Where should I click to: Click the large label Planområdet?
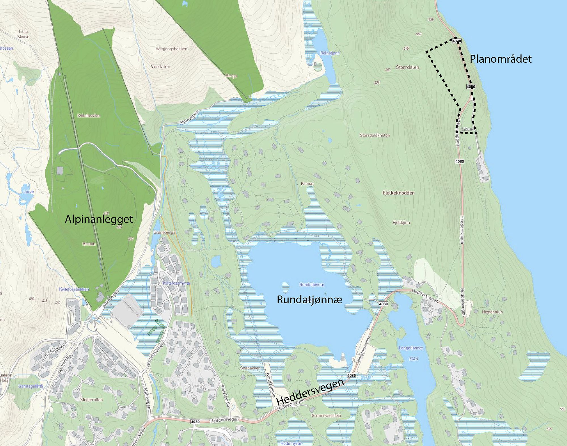point(501,59)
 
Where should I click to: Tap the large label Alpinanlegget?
point(99,219)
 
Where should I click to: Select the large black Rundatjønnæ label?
point(309,300)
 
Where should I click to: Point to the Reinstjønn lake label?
point(330,53)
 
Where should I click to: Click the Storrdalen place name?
point(407,67)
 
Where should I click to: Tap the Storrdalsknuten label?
point(375,135)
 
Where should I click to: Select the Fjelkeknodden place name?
point(398,193)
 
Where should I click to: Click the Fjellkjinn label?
point(401,222)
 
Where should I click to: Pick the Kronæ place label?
point(307,184)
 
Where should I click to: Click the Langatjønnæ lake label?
point(411,348)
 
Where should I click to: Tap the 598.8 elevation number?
point(413,359)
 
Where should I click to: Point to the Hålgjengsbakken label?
point(171,49)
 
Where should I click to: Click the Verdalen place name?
point(160,66)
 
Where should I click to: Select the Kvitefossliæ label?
point(88,116)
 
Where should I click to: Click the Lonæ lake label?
point(28,192)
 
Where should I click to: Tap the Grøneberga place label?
point(164,232)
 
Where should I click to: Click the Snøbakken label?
point(250,368)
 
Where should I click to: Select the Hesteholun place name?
point(492,312)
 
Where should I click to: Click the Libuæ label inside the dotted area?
point(467,129)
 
